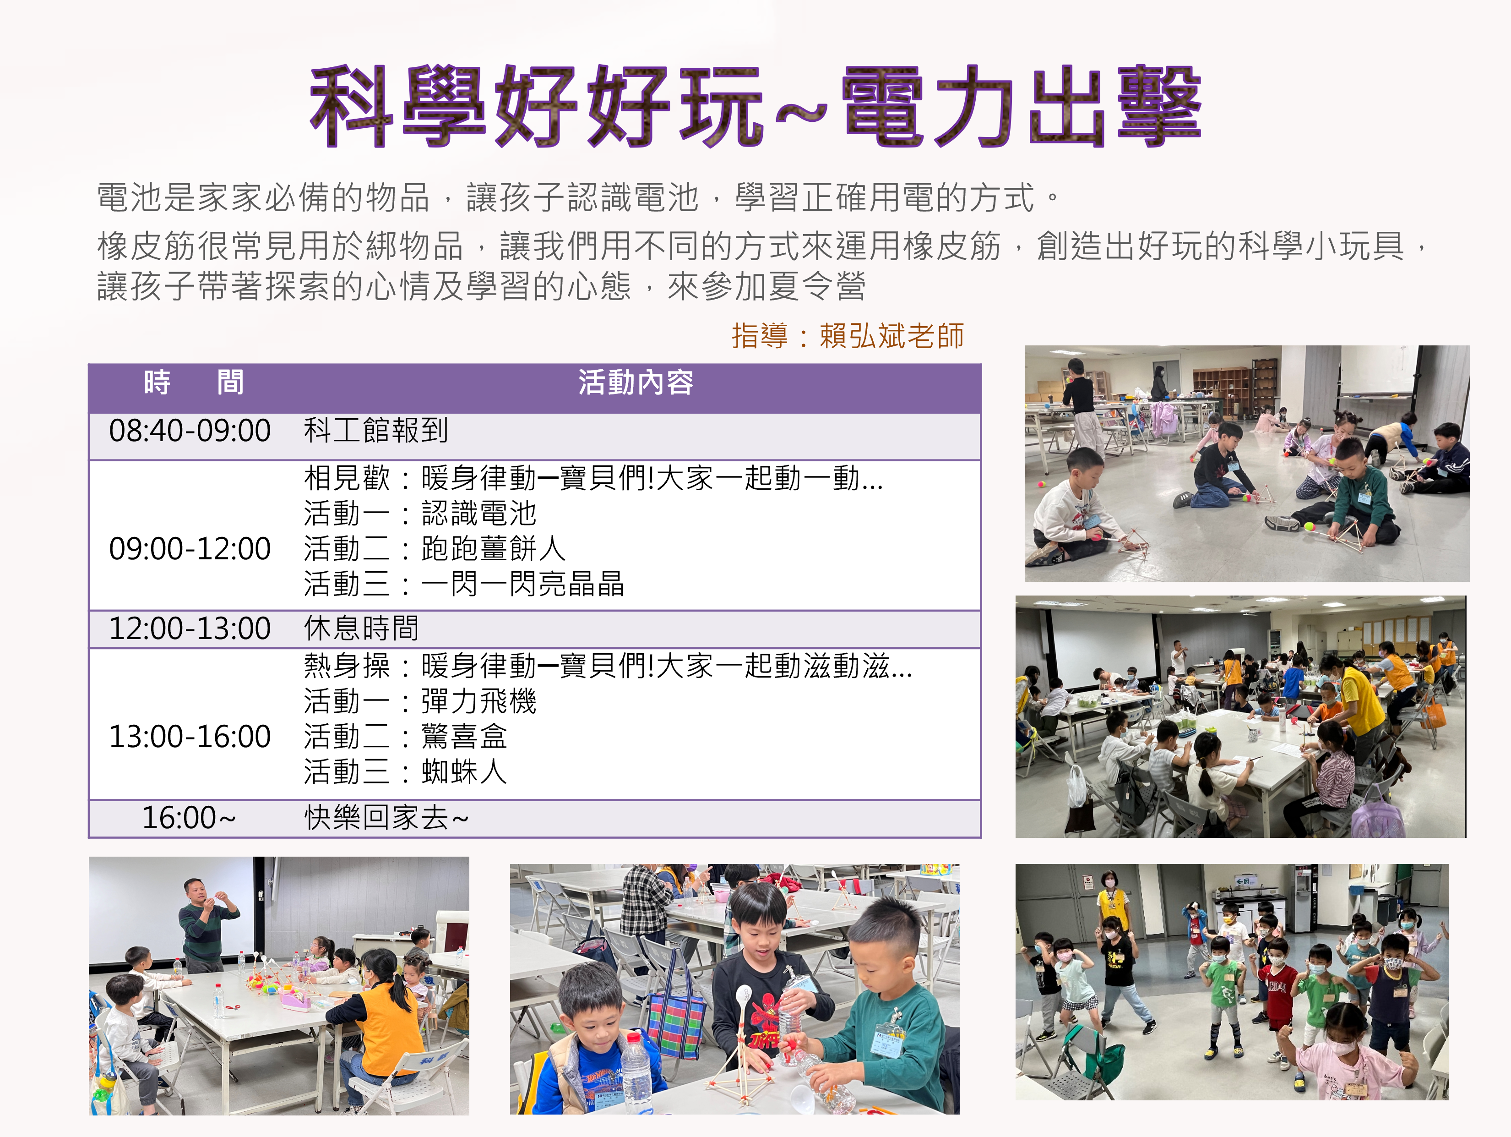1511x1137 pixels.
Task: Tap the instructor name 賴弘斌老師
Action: click(x=891, y=335)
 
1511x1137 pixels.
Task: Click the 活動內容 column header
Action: click(x=635, y=382)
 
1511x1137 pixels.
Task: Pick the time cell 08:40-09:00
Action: click(x=190, y=431)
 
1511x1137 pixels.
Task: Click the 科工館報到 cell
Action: click(x=376, y=431)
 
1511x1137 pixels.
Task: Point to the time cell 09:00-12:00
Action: click(x=190, y=549)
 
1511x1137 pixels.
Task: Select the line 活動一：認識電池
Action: click(x=420, y=513)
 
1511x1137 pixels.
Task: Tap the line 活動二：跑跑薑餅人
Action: click(x=435, y=549)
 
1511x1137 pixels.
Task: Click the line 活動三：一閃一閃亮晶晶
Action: click(x=464, y=584)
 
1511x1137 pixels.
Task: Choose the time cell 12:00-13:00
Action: click(x=190, y=629)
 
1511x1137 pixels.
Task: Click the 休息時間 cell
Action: click(x=361, y=629)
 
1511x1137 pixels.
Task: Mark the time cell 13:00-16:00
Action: click(x=190, y=737)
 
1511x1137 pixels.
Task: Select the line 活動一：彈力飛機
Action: click(x=420, y=701)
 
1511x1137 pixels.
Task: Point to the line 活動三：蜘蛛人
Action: click(x=406, y=772)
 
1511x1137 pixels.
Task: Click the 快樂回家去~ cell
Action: click(x=386, y=818)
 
